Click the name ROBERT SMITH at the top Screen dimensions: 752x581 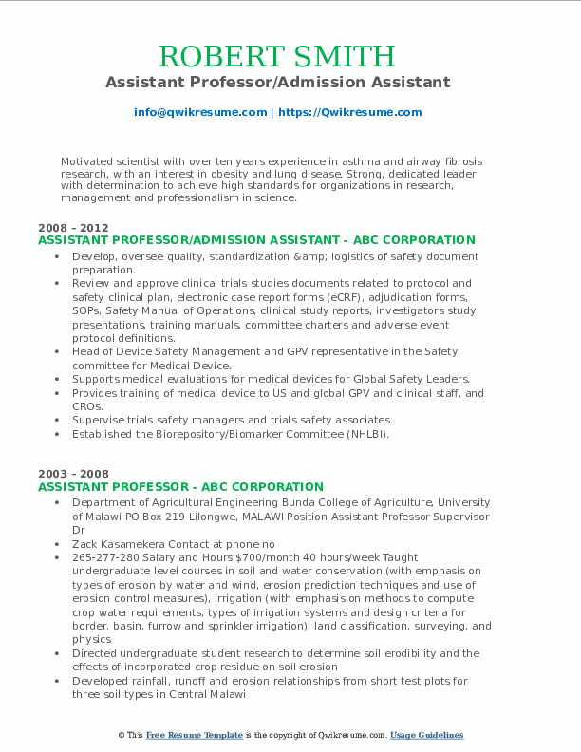(x=290, y=54)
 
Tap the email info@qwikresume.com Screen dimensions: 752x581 (x=200, y=112)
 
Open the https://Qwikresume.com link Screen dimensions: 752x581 (x=350, y=112)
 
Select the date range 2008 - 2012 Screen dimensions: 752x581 (x=74, y=228)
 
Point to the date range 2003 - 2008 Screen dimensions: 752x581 (x=74, y=474)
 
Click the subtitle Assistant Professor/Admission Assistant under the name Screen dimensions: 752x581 (x=290, y=83)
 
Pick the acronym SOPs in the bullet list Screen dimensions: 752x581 (x=87, y=310)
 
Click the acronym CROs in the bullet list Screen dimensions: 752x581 (x=87, y=405)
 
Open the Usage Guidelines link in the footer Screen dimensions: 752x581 (x=426, y=736)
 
